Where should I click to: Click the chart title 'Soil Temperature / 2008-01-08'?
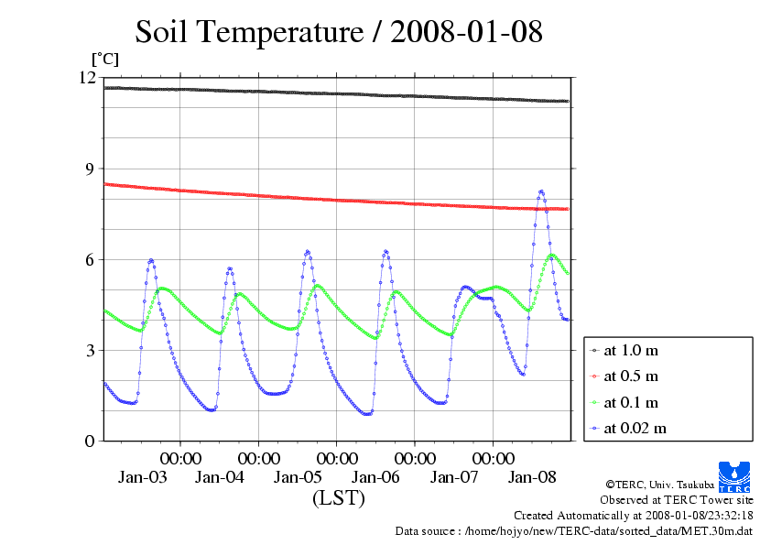(339, 32)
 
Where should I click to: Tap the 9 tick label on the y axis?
(90, 169)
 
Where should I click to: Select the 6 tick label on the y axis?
(90, 259)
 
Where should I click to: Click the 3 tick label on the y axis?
(90, 350)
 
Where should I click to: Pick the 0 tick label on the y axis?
(90, 441)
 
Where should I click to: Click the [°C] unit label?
(104, 59)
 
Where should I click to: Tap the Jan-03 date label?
(143, 477)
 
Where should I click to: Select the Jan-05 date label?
(299, 477)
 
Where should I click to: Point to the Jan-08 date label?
(533, 477)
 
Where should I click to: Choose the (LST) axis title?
(339, 498)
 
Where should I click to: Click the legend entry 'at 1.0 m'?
(631, 350)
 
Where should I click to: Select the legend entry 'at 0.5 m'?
(631, 376)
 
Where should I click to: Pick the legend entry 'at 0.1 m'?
(631, 402)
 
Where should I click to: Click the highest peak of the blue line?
(541, 191)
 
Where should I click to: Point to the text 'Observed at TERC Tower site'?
(677, 500)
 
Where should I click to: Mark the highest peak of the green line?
(551, 256)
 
